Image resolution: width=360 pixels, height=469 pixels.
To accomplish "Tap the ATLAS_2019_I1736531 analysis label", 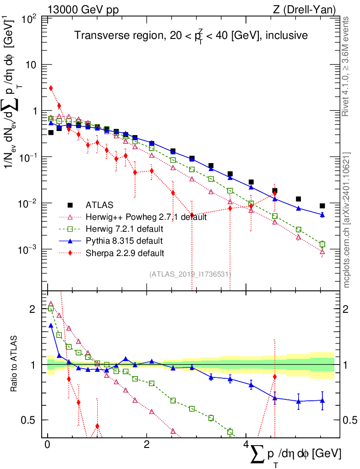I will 190,274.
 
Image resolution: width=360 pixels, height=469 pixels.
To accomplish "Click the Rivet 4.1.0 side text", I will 347,66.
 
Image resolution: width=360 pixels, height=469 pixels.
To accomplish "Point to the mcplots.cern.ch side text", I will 347,220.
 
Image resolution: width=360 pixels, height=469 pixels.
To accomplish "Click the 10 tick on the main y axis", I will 32,65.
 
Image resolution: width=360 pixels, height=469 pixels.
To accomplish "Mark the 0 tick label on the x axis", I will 48,445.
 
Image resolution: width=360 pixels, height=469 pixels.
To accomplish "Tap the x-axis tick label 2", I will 147,445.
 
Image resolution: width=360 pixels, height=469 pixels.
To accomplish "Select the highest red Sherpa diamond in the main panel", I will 51,88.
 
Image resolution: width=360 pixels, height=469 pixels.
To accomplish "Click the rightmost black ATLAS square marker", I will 322,206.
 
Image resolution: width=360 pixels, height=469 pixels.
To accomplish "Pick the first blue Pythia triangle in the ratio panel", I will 51,325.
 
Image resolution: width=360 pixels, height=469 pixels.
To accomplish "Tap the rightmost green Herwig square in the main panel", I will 322,244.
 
